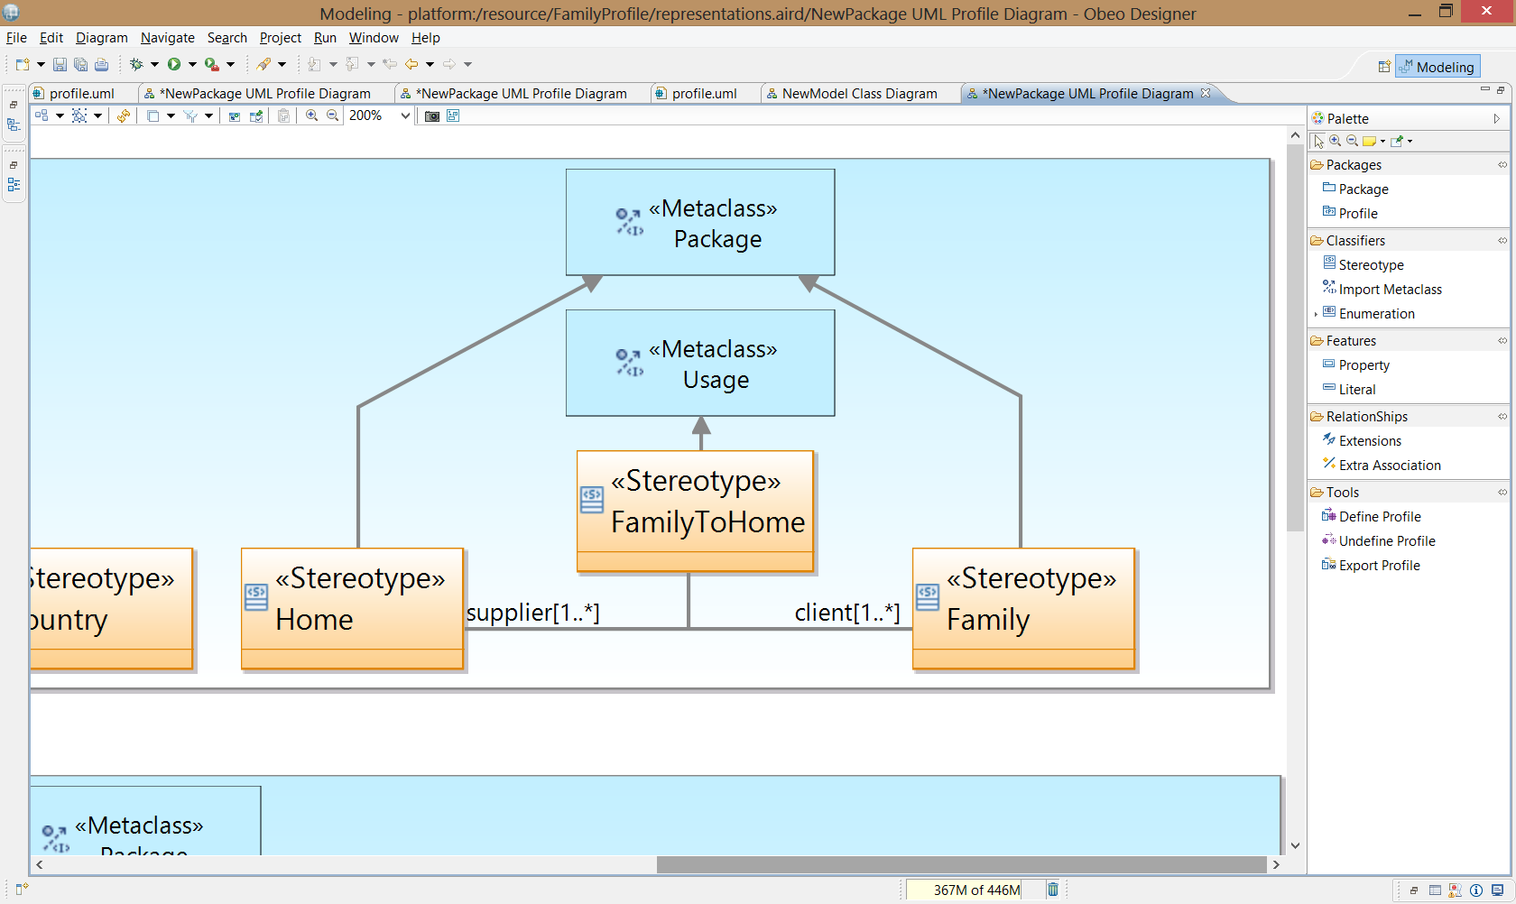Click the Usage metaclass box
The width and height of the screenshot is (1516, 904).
click(700, 363)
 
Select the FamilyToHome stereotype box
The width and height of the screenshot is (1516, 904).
click(695, 512)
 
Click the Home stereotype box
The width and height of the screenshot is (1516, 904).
click(353, 608)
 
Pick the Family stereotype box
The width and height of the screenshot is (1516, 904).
click(1023, 608)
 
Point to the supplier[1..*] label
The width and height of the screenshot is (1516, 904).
click(532, 613)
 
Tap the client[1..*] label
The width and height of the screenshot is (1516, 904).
click(847, 613)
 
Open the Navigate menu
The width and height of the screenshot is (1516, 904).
click(167, 38)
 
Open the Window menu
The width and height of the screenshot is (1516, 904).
click(374, 38)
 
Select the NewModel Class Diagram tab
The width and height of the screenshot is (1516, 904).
click(852, 94)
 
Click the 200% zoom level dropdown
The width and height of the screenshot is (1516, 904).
click(379, 115)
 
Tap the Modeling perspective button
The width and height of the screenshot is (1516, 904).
click(1437, 67)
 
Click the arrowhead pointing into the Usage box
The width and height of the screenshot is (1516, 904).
click(701, 425)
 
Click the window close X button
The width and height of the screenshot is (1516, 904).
click(1487, 12)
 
